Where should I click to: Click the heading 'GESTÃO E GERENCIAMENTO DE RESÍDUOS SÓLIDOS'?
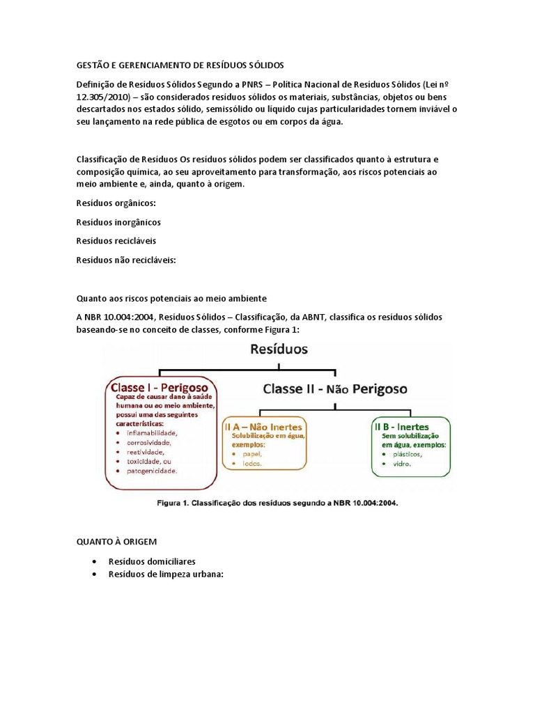(180, 65)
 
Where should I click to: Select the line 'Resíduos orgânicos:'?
(116, 203)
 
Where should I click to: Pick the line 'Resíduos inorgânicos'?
(118, 222)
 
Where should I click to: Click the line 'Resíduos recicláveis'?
(116, 241)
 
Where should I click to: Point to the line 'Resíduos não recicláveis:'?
(125, 260)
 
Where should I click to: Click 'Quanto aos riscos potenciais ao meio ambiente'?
(171, 298)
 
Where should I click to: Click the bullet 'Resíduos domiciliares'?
(152, 561)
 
